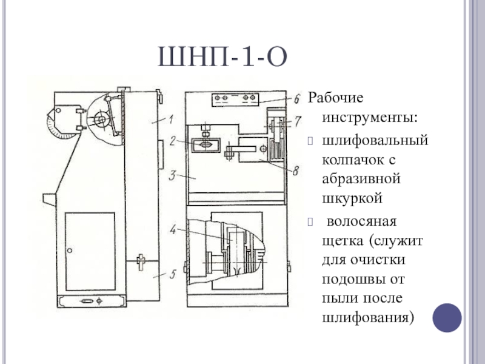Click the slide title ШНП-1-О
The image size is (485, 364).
coord(222,59)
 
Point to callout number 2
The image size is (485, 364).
coord(173,141)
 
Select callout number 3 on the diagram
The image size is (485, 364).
coord(172,176)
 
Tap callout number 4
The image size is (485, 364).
coord(173,230)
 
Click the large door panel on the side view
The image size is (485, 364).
coord(91,249)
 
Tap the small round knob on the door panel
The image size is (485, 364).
coord(70,250)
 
